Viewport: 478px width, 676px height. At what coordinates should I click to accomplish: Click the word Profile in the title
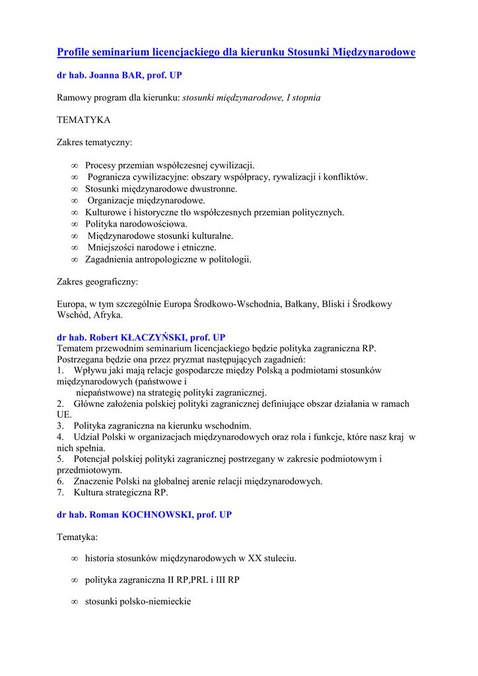point(74,52)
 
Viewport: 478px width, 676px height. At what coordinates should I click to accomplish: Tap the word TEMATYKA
point(84,120)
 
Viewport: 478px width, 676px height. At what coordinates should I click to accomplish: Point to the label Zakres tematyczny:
point(94,142)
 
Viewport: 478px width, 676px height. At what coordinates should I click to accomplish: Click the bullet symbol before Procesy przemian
point(75,166)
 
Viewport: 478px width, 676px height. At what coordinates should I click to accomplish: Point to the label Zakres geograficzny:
point(98,282)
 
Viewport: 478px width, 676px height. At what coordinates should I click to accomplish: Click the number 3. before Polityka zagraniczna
point(60,426)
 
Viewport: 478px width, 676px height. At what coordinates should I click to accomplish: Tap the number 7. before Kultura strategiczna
point(60,492)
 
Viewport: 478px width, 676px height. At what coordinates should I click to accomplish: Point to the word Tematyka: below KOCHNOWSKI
point(77,537)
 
